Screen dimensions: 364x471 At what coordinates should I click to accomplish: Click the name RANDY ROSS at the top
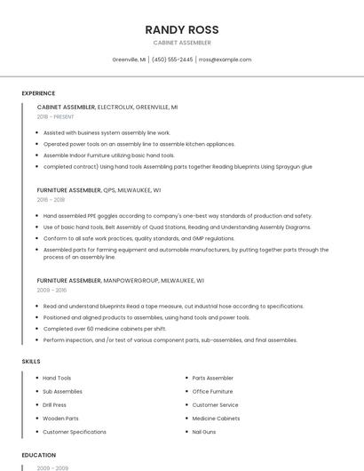pos(181,29)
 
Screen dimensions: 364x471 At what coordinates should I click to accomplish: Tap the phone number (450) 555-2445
pos(172,60)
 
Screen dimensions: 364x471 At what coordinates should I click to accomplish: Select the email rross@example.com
pos(225,60)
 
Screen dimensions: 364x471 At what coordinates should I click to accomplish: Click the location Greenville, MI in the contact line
pos(129,60)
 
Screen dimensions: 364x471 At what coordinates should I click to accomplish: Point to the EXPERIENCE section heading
pos(38,93)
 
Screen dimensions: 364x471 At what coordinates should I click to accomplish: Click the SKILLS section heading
pos(31,361)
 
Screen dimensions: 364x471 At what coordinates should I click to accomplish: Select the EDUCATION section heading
pos(38,455)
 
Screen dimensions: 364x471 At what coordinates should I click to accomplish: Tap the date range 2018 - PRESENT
pos(56,116)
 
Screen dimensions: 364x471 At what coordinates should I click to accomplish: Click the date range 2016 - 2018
pos(51,200)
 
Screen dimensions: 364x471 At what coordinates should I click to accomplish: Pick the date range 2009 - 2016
pos(51,291)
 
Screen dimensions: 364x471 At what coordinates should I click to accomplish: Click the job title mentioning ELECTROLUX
pos(107,107)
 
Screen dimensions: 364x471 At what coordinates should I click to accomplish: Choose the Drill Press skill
pos(55,404)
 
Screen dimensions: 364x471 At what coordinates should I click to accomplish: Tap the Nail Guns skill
pos(205,431)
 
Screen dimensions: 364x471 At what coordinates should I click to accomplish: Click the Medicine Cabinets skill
pos(216,418)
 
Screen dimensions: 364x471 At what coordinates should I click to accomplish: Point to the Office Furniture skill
pos(212,391)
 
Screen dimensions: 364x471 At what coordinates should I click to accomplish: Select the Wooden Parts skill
pos(60,418)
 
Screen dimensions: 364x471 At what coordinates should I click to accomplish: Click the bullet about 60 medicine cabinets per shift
pos(104,328)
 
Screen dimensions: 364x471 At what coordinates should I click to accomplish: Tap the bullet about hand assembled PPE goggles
pos(178,215)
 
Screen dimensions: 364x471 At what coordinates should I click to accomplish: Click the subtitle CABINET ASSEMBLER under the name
pos(181,43)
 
